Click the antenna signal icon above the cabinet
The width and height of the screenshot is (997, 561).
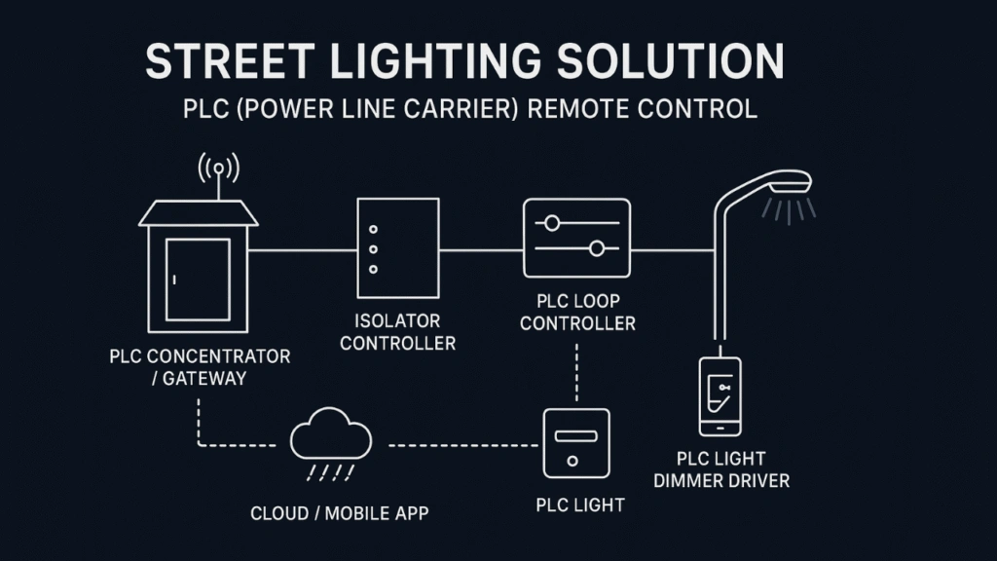point(218,168)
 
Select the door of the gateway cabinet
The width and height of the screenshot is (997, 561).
point(198,279)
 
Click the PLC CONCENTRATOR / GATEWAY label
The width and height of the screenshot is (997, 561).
point(199,367)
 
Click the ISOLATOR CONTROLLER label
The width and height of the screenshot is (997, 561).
point(397,331)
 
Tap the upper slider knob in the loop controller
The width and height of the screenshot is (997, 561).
point(552,223)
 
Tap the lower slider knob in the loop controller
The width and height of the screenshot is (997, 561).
point(598,249)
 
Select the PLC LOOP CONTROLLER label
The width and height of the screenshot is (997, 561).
point(577,313)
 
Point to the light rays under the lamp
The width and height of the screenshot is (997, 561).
point(790,209)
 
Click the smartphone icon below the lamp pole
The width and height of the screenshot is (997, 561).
point(720,395)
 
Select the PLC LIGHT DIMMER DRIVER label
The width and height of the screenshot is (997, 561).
point(720,469)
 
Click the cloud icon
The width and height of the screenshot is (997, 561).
point(331,434)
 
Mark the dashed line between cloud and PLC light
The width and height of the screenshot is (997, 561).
point(463,445)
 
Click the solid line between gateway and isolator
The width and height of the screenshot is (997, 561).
point(303,249)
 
